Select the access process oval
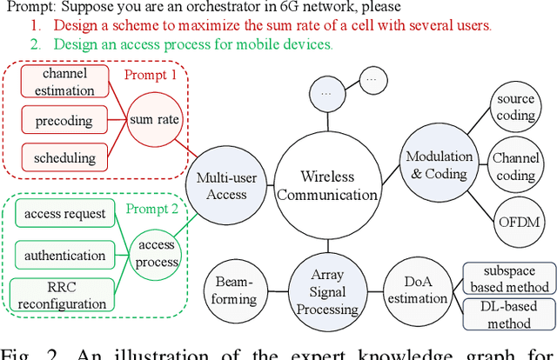[x=158, y=253]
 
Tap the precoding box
[x=65, y=120]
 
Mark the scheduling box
[x=65, y=159]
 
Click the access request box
[x=65, y=214]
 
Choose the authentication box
[x=65, y=256]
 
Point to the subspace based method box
[x=509, y=278]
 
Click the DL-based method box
[x=509, y=314]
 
